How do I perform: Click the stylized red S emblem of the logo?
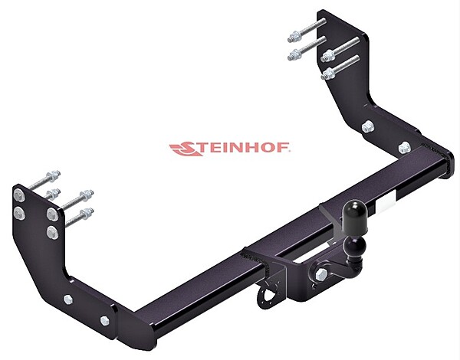point(182,149)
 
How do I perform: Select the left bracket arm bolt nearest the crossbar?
point(104,320)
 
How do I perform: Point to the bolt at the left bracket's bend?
point(68,300)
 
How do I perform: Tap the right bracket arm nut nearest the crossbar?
point(405,146)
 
